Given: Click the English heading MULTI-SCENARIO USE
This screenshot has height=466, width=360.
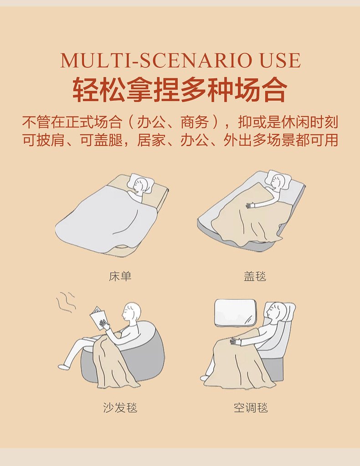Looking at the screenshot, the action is click(x=180, y=60).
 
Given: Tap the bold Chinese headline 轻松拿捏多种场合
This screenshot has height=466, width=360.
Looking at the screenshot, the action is click(x=180, y=89).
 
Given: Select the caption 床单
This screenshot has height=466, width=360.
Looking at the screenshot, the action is click(x=120, y=277).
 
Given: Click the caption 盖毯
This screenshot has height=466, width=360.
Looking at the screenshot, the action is click(x=255, y=277).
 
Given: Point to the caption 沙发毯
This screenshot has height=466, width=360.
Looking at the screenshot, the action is click(x=120, y=407).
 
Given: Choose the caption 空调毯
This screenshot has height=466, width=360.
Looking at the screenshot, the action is click(x=251, y=407).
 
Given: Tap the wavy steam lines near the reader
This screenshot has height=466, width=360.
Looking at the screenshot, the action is click(x=66, y=302).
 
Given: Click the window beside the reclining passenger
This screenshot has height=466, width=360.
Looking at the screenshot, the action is click(x=236, y=312).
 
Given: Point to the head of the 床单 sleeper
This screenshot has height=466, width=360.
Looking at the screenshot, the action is click(x=140, y=185).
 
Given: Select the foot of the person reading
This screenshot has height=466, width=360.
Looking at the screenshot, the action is click(x=63, y=366).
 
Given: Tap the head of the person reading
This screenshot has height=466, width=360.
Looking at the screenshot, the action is click(x=131, y=312).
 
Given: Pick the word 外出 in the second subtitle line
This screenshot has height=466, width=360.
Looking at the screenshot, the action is click(x=238, y=140).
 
